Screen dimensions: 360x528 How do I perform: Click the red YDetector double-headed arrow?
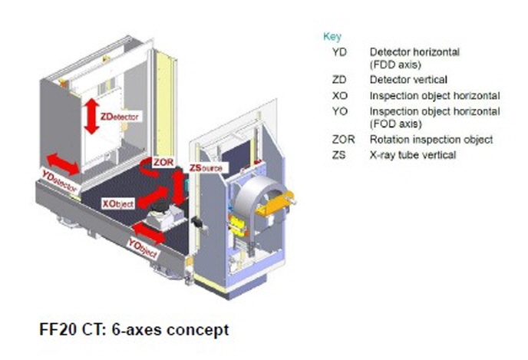pyautogui.click(x=64, y=163)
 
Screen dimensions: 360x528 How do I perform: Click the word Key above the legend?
pyautogui.click(x=333, y=36)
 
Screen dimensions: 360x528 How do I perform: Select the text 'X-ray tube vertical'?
pyautogui.click(x=412, y=155)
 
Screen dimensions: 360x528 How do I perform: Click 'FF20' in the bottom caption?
pyautogui.click(x=57, y=331)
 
